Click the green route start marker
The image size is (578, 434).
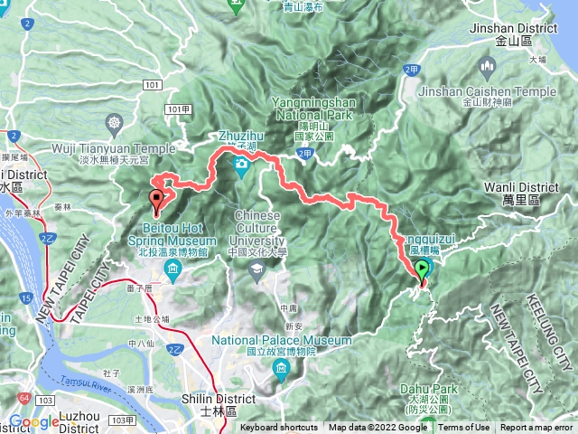coord(422,269)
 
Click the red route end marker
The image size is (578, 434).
coord(158,198)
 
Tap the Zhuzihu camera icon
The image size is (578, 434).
coord(242,165)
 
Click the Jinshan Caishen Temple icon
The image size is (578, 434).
coord(488,66)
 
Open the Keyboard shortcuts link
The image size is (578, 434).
coord(278,428)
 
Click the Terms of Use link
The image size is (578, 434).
coord(464,428)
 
